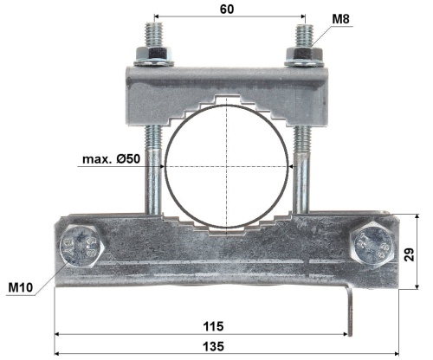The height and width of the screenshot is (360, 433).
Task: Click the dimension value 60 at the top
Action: coord(227,10)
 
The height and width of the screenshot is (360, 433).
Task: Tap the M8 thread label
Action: coord(340,19)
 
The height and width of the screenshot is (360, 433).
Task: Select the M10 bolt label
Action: coord(21,287)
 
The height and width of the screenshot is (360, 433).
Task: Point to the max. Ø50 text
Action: coord(111,158)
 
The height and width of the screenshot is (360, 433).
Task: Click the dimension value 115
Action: coord(214,326)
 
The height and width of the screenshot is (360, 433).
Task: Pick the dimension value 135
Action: coord(214,346)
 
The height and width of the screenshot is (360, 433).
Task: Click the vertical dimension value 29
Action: coord(410,254)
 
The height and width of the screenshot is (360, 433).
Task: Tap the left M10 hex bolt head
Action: coord(81,246)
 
